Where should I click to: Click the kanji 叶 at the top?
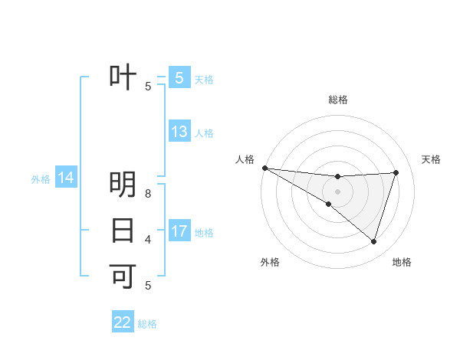[123, 77]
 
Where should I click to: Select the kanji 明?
[123, 185]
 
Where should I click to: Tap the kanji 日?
[123, 230]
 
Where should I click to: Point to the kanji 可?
[123, 275]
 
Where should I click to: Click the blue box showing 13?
[179, 132]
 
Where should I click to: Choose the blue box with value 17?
[179, 231]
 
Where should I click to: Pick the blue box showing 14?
[66, 178]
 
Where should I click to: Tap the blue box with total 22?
[123, 322]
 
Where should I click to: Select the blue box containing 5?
[179, 77]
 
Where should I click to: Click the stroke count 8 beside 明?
[148, 193]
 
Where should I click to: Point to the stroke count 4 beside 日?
[148, 239]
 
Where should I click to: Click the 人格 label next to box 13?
[204, 133]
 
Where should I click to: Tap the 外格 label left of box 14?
[41, 179]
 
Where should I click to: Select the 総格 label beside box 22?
[147, 324]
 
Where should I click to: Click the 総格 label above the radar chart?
[337, 100]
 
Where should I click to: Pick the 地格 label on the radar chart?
[402, 262]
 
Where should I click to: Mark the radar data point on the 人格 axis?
[264, 168]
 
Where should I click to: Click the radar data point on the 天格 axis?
[396, 172]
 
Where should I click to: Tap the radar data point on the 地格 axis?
[373, 241]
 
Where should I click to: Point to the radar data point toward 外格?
[329, 204]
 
